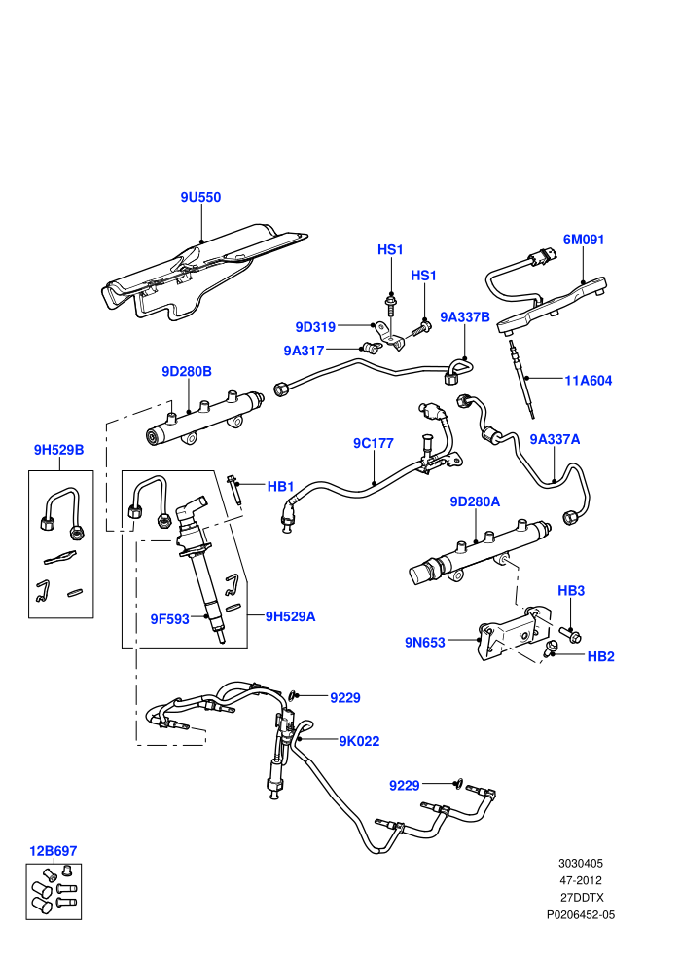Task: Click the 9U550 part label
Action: coord(200,198)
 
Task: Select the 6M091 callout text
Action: coord(584,240)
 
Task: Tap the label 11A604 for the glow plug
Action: coord(589,381)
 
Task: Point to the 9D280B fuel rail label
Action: coord(187,372)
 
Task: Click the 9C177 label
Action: coord(373,443)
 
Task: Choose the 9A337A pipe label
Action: coord(555,439)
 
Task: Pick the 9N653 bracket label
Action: coord(424,643)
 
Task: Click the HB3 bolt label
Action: coord(570,591)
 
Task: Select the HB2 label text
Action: coord(600,656)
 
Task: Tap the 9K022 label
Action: coord(359,741)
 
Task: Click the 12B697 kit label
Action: coord(54,851)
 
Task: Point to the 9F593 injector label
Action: coord(170,619)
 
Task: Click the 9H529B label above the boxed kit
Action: coord(59,450)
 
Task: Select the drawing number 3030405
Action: coord(580,864)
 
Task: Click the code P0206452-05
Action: coord(580,915)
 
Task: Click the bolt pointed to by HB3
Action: coord(570,635)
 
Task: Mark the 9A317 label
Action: coord(304,352)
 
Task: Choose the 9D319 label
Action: coord(315,327)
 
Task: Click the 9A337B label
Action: coord(465,317)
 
